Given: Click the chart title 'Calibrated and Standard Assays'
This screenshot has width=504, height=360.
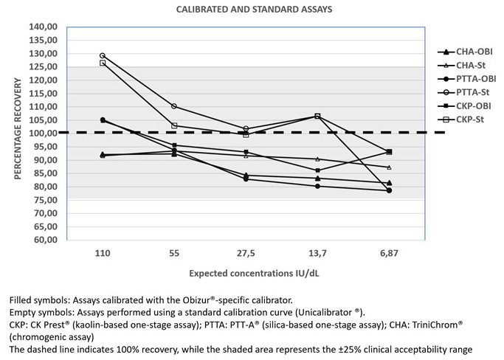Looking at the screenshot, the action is point(254,9).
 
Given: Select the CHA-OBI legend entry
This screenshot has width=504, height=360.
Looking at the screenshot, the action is point(465,52).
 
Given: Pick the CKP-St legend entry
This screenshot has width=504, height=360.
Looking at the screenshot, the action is point(461,120).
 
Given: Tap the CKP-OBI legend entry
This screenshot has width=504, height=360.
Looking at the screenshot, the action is point(464,106).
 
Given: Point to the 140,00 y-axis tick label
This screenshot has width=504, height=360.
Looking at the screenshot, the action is point(43,27).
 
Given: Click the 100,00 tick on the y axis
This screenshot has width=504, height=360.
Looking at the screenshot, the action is point(43,133).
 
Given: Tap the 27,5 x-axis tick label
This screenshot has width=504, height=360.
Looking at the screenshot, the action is point(246,253).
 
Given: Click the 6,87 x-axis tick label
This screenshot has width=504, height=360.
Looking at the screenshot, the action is point(389,253).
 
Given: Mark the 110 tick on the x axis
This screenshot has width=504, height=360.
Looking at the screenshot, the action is point(103,253).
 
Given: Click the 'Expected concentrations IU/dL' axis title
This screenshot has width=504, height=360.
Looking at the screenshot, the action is point(254,273).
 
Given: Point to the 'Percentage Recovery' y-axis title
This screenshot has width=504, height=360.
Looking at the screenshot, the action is point(18,128).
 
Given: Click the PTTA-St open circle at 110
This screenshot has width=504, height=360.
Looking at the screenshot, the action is point(103,55).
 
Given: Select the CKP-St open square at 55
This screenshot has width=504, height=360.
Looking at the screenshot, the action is point(174,125).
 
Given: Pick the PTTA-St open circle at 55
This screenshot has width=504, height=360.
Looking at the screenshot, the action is point(174,106).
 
